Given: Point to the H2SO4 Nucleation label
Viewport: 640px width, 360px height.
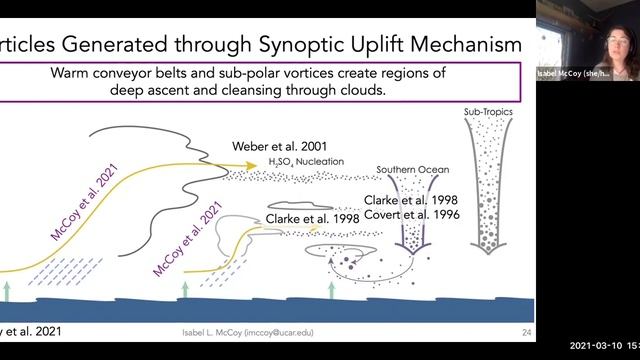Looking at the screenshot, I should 307,162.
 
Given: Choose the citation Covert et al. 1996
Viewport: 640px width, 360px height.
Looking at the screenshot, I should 411,215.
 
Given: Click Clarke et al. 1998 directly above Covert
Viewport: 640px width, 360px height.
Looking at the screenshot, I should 411,199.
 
